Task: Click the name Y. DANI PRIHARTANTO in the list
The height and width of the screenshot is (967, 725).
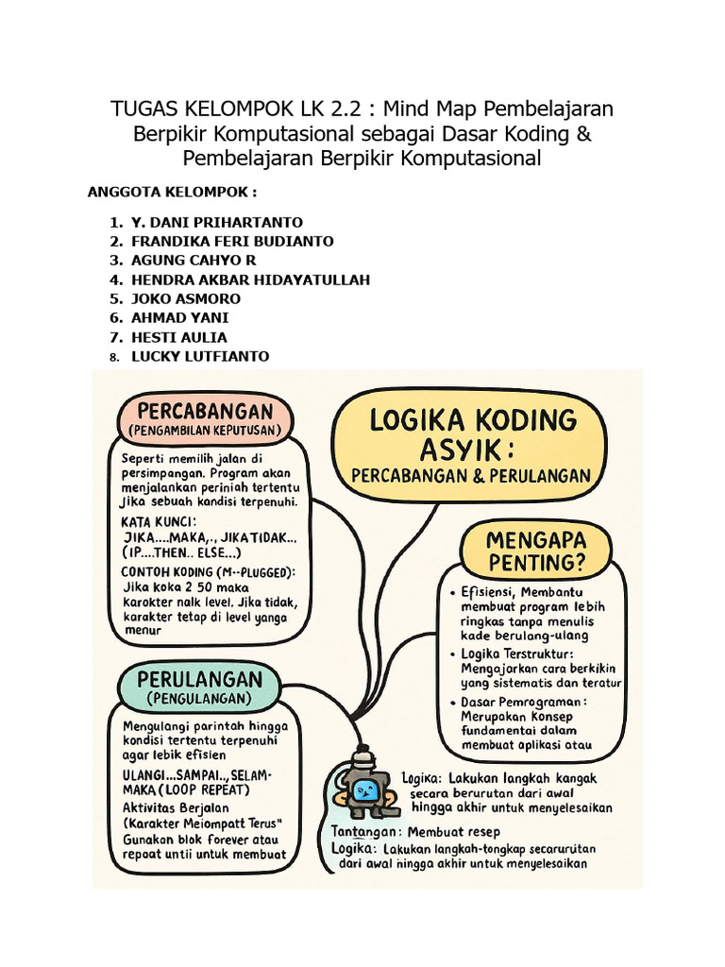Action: click(216, 222)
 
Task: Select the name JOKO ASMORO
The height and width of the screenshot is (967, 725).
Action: click(185, 298)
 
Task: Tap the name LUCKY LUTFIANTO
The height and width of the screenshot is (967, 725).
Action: click(199, 356)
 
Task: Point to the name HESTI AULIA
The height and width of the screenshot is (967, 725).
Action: click(178, 337)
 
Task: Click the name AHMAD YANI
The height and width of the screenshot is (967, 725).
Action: click(179, 317)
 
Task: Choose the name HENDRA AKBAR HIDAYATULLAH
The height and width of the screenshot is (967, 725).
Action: click(250, 280)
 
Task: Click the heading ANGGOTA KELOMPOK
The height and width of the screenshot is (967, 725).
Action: click(172, 193)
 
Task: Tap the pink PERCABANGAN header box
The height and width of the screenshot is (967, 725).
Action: click(205, 419)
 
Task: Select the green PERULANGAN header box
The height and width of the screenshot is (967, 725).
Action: click(199, 687)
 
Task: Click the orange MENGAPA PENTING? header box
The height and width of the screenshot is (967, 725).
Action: click(535, 551)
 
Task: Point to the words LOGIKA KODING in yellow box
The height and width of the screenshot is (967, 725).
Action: click(472, 419)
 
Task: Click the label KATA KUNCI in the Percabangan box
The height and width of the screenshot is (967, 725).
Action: click(159, 521)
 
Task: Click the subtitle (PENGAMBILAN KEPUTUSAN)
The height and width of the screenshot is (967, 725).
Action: click(205, 431)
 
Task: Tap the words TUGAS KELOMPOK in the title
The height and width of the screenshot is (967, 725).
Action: click(190, 109)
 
